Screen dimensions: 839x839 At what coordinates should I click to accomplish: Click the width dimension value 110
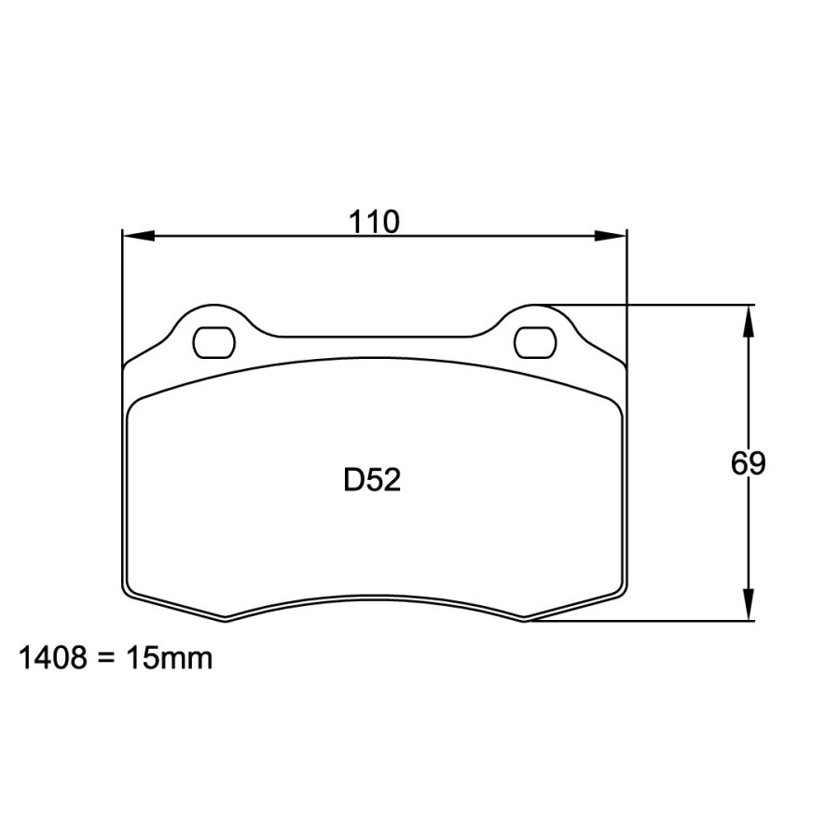tap(375, 222)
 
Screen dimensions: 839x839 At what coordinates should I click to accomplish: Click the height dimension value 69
tap(748, 463)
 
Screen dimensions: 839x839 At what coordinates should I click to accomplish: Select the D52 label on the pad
tap(372, 480)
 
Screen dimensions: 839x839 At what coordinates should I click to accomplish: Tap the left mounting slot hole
tap(213, 342)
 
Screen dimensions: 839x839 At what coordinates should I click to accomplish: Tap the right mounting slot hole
tap(535, 342)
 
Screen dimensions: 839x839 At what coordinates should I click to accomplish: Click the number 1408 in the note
tap(52, 659)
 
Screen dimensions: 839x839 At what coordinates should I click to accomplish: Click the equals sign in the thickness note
tap(105, 659)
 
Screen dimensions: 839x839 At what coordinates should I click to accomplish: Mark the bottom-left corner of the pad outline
tap(129, 594)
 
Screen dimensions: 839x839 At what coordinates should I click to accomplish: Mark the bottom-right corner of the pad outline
tap(621, 594)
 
